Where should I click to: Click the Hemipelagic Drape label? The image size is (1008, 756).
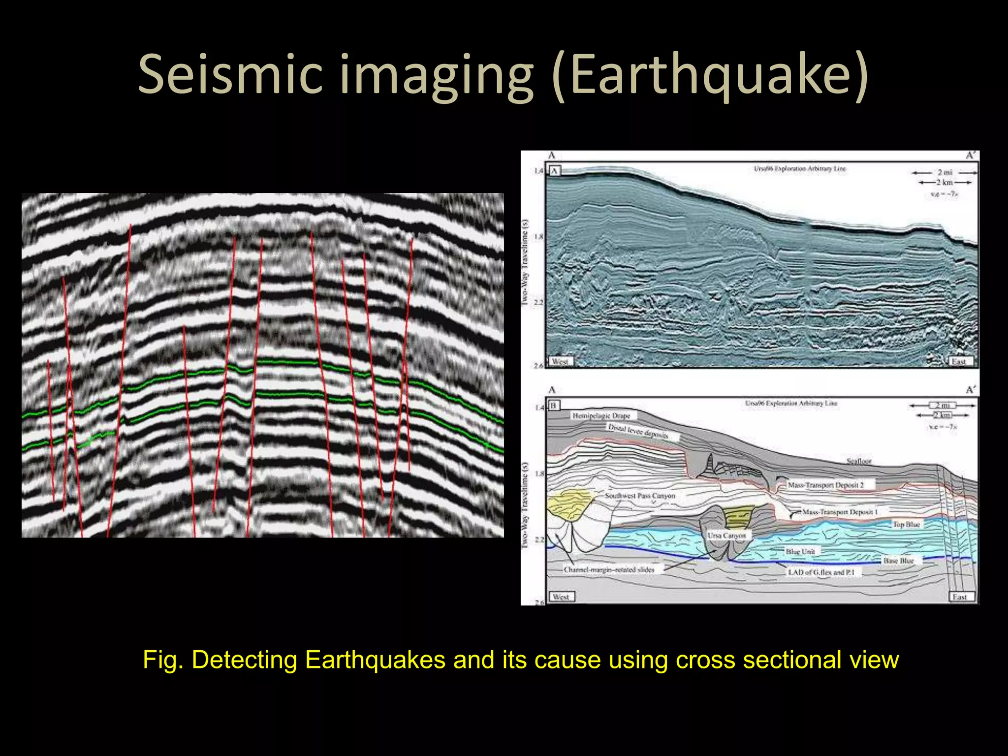[x=601, y=416]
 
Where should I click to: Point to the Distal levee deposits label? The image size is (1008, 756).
[x=638, y=432]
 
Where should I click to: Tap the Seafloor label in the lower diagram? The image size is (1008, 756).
[x=859, y=461]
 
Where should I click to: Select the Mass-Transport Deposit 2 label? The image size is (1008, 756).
[x=825, y=485]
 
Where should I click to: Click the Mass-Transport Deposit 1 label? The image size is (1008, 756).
[x=840, y=512]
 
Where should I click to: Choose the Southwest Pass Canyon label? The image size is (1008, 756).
[x=640, y=496]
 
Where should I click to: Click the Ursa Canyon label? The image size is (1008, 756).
[x=726, y=535]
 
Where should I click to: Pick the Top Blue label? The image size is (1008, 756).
[x=906, y=524]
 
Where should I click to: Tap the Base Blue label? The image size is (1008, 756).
[x=898, y=561]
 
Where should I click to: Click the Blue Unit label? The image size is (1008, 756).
[x=800, y=551]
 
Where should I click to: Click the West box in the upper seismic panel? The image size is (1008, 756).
[x=560, y=361]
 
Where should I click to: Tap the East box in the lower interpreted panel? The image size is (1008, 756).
[x=959, y=597]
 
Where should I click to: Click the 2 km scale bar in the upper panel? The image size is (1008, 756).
[x=945, y=182]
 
